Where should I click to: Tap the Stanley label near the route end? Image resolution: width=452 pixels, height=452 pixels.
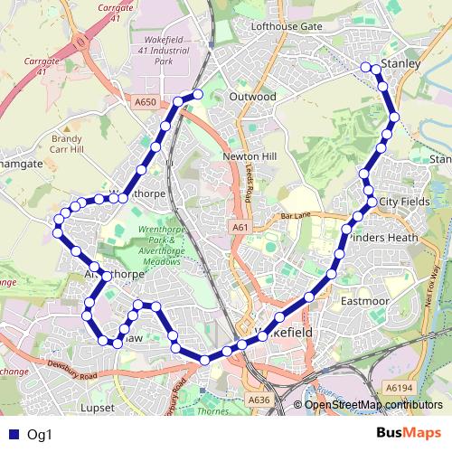(x=402, y=65)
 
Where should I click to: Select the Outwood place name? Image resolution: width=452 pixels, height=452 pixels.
(x=252, y=96)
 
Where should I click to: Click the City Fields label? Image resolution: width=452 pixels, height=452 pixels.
(x=404, y=201)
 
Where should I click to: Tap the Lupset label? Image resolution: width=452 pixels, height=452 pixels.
(x=97, y=408)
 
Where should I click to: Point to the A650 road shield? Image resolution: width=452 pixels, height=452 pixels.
(x=146, y=103)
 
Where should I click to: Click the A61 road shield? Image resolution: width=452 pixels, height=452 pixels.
(x=239, y=227)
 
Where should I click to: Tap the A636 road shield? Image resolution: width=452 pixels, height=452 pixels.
(x=259, y=400)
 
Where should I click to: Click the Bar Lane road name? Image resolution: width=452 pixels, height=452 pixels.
(x=296, y=217)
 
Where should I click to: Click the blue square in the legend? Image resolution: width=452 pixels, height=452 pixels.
(x=12, y=434)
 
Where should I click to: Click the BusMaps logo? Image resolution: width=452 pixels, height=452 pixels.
(x=408, y=433)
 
